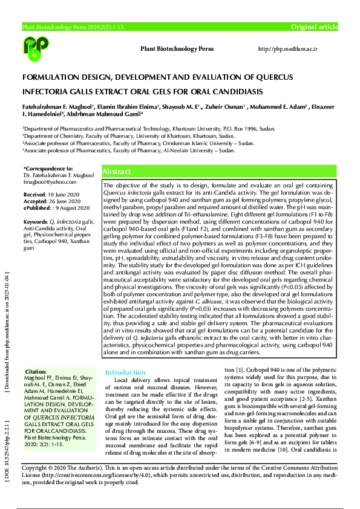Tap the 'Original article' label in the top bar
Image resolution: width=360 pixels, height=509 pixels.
point(315,27)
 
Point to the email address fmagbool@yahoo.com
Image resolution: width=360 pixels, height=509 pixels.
point(45,181)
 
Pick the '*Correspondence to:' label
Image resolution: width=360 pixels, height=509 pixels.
point(48,168)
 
